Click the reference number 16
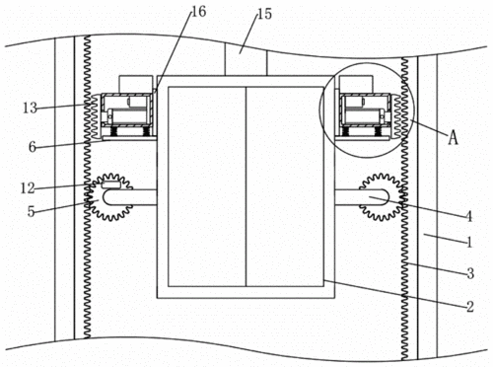tap(198, 12)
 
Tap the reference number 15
tap(265, 14)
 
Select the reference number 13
tap(30, 108)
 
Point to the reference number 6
tap(32, 147)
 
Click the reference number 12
tap(28, 188)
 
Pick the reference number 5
tap(31, 211)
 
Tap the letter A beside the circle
tap(454, 137)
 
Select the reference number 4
tap(469, 217)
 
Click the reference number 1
tap(470, 243)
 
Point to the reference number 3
tap(470, 273)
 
